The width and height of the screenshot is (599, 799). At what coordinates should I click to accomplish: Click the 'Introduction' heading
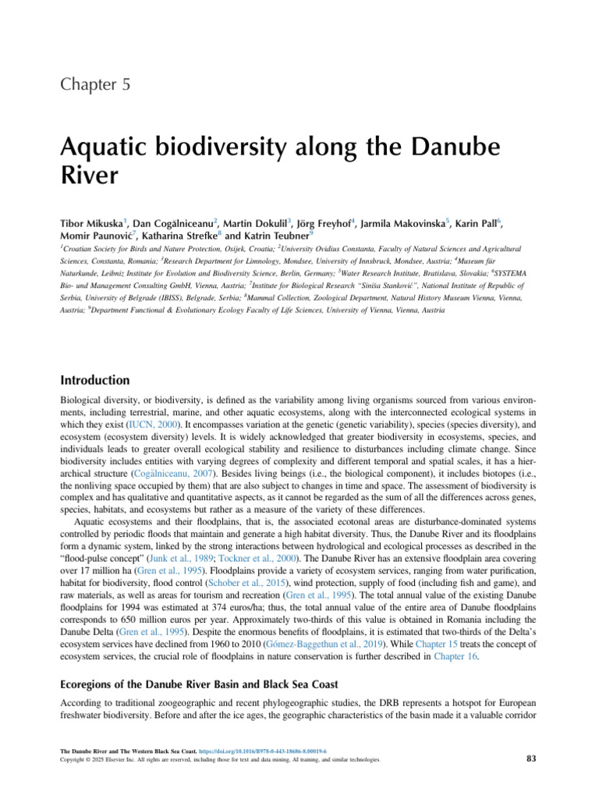click(94, 381)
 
